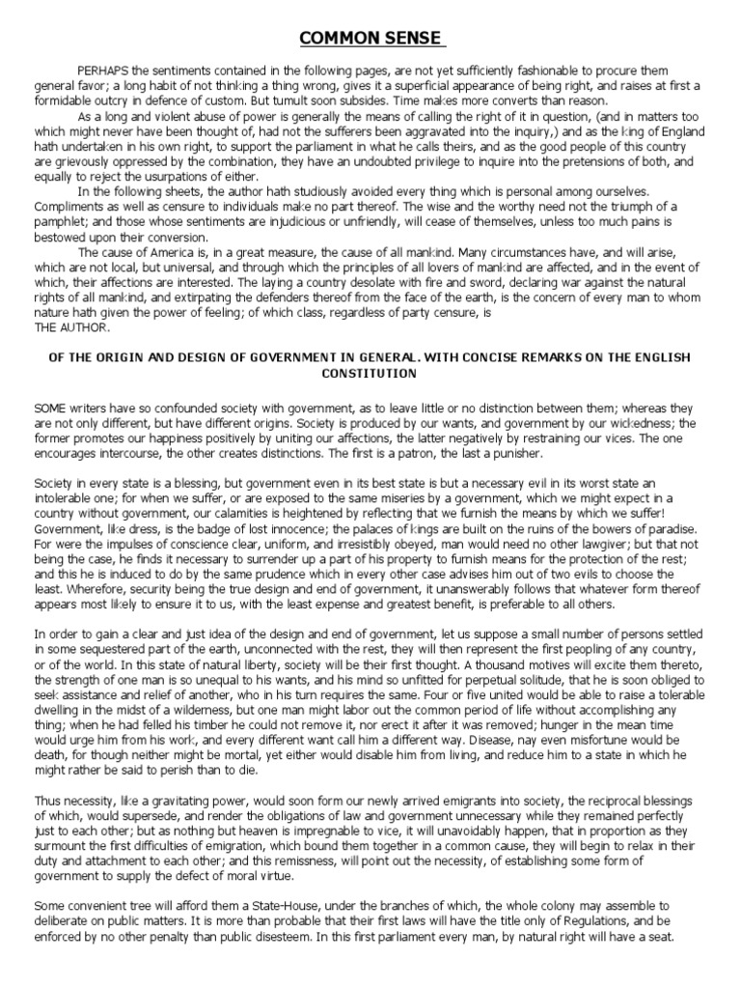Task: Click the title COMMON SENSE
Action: tap(370, 39)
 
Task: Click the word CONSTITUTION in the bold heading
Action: tap(370, 372)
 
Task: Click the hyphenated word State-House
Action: tap(274, 905)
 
